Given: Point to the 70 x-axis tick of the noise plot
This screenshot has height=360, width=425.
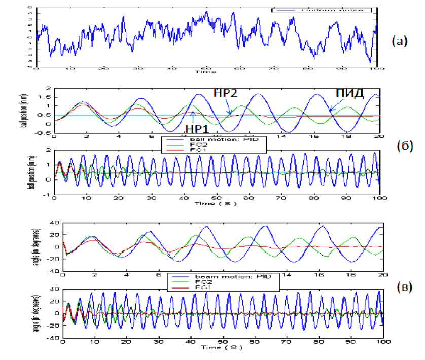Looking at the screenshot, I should coord(273,68).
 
